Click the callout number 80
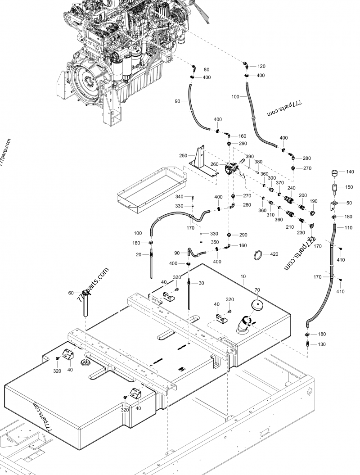(207, 70)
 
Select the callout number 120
(261, 66)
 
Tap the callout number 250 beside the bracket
(183, 155)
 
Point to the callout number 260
(214, 164)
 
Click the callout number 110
(348, 228)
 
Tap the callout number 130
(321, 344)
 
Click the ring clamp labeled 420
(258, 254)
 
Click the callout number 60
(71, 293)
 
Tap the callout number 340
(179, 197)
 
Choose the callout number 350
(215, 242)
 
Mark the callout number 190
(314, 201)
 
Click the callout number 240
(292, 188)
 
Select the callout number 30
(201, 283)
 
